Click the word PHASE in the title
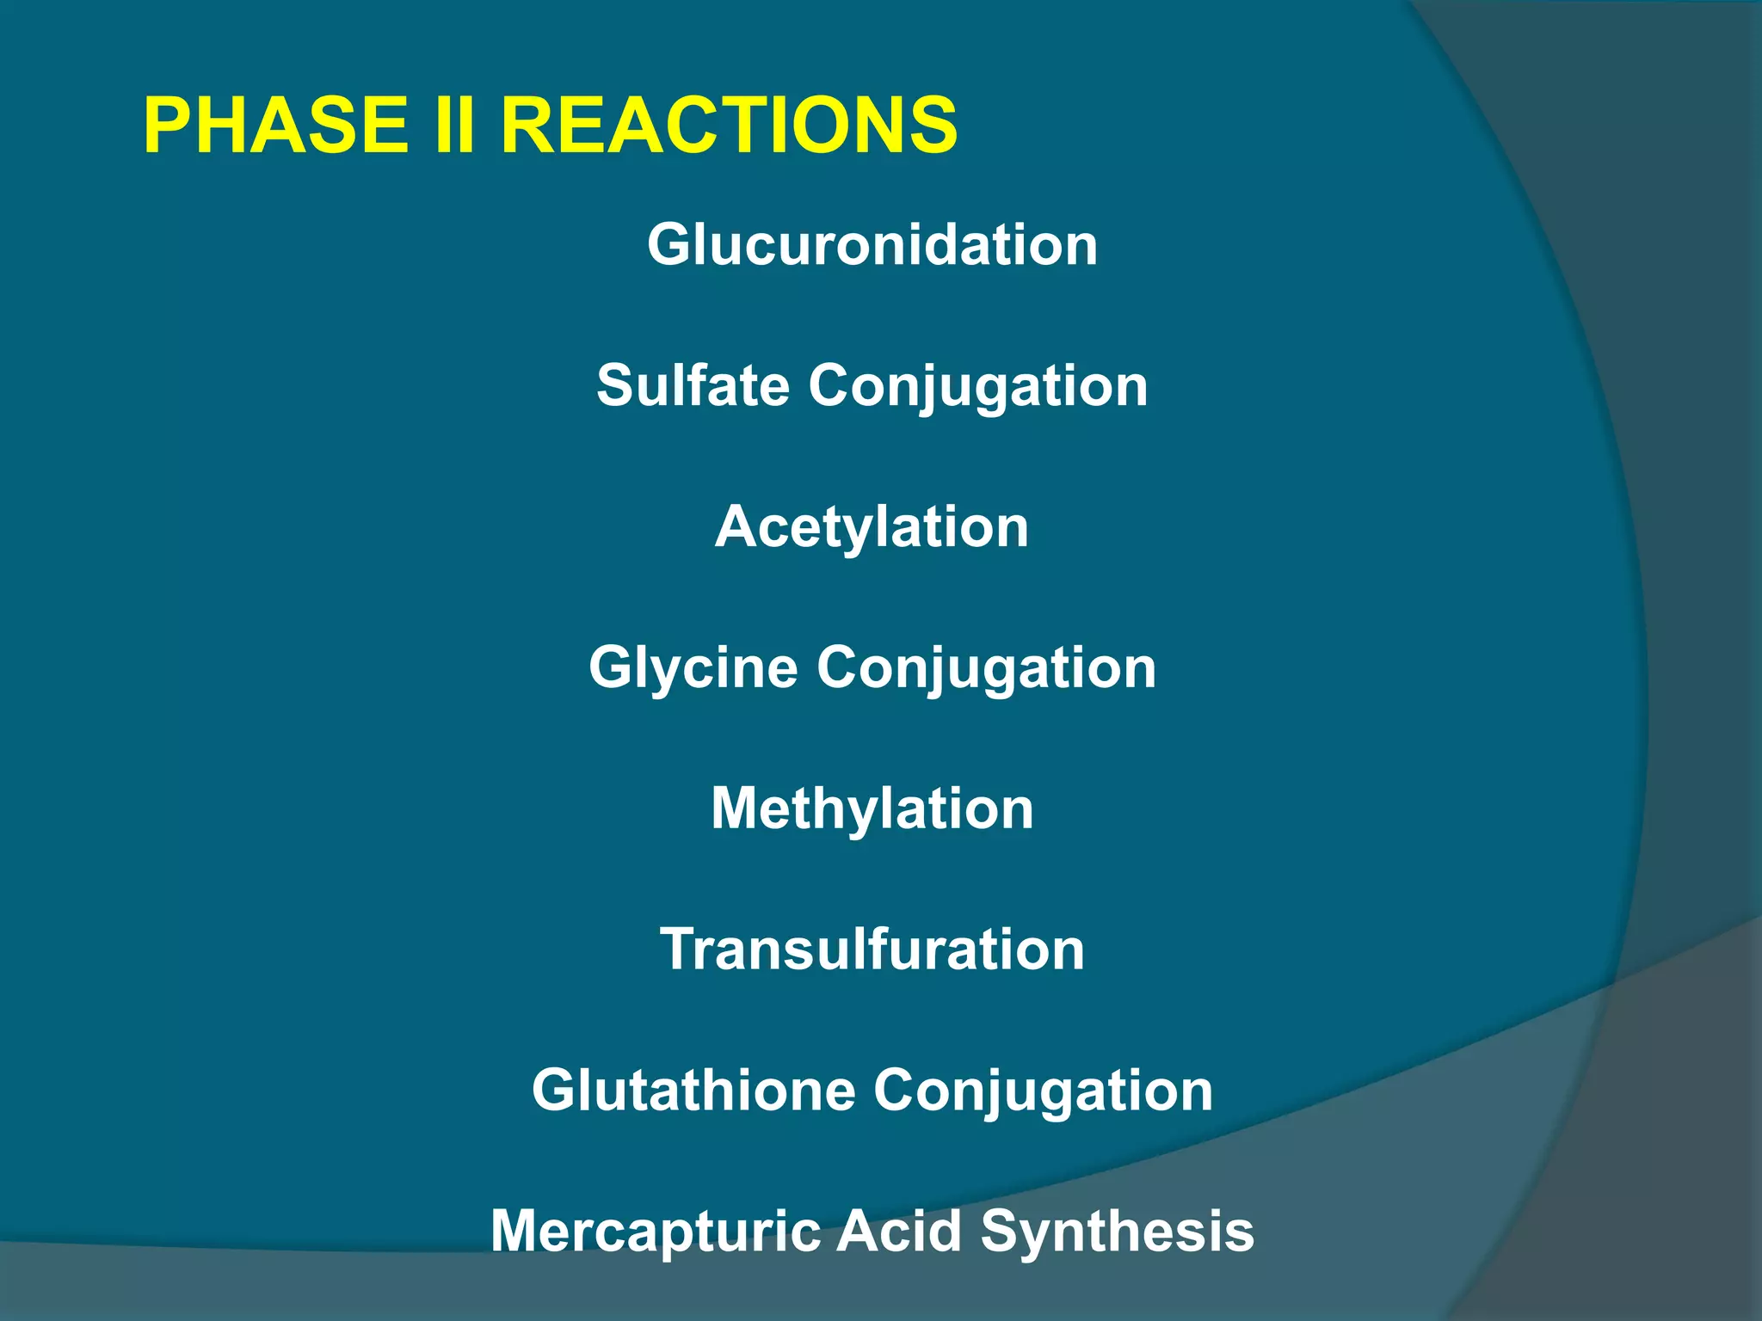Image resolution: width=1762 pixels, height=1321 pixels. [275, 126]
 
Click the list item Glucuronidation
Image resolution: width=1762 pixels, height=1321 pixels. [872, 245]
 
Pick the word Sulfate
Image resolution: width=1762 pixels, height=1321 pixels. [692, 385]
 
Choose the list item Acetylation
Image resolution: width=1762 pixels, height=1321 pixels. [872, 526]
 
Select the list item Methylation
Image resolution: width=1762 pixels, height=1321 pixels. [872, 810]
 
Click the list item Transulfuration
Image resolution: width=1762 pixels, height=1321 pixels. [872, 949]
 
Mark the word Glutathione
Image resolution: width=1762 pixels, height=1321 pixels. [693, 1091]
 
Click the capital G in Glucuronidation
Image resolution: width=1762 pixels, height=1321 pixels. [671, 245]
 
